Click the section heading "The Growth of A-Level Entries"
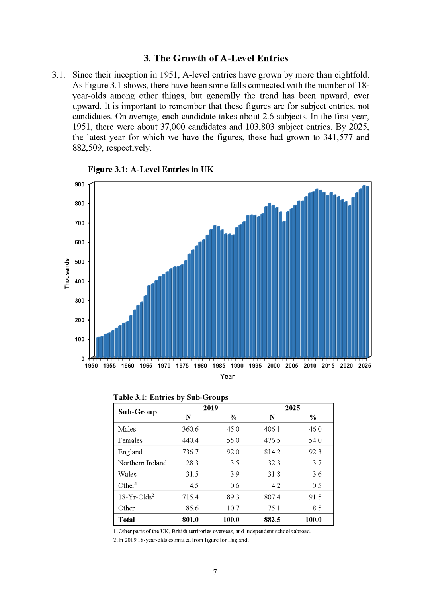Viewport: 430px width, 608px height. [221, 58]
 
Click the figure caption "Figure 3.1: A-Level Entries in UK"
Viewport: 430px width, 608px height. [150, 169]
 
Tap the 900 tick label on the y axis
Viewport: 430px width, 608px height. [79, 185]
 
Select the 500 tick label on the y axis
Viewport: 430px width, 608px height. [79, 262]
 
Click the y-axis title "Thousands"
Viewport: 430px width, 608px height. [67, 274]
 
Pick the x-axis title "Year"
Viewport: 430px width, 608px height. [227, 377]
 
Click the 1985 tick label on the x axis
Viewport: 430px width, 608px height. [219, 366]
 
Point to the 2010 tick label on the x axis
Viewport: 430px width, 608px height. [310, 366]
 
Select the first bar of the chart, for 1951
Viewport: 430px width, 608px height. [98, 347]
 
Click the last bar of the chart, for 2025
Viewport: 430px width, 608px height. [367, 272]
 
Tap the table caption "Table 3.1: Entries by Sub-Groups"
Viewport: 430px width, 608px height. [171, 397]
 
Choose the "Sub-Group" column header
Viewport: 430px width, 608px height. [138, 412]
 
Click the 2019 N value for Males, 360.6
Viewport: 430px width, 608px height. [190, 429]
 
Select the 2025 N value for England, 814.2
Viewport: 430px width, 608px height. [272, 452]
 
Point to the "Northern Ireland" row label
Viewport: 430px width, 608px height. [142, 463]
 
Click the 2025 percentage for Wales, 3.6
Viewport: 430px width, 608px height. [317, 474]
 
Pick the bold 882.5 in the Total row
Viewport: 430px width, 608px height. [272, 520]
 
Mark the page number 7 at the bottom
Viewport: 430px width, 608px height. [215, 572]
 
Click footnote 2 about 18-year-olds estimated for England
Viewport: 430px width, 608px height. [181, 540]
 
